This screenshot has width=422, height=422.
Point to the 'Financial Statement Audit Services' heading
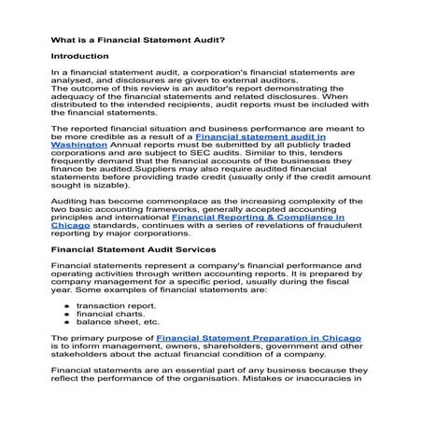(134, 250)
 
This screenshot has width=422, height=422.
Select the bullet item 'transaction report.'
(115, 305)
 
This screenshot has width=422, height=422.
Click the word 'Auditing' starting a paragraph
(70, 199)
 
